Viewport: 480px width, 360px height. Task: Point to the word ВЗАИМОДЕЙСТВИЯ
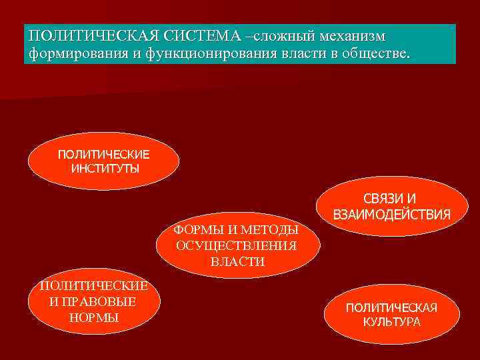[x=391, y=215]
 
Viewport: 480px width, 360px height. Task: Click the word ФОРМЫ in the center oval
[x=195, y=231]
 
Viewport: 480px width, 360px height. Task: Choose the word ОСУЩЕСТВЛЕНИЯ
[x=237, y=246]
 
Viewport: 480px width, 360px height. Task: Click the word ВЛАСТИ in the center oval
[x=237, y=262]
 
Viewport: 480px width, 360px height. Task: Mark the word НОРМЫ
[x=93, y=318]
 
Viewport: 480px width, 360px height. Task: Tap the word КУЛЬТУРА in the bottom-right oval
[x=392, y=322]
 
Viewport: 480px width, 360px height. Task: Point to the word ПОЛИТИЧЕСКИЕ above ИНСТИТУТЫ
[x=104, y=155]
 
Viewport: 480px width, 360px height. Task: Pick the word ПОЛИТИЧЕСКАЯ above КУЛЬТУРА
[x=391, y=308]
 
